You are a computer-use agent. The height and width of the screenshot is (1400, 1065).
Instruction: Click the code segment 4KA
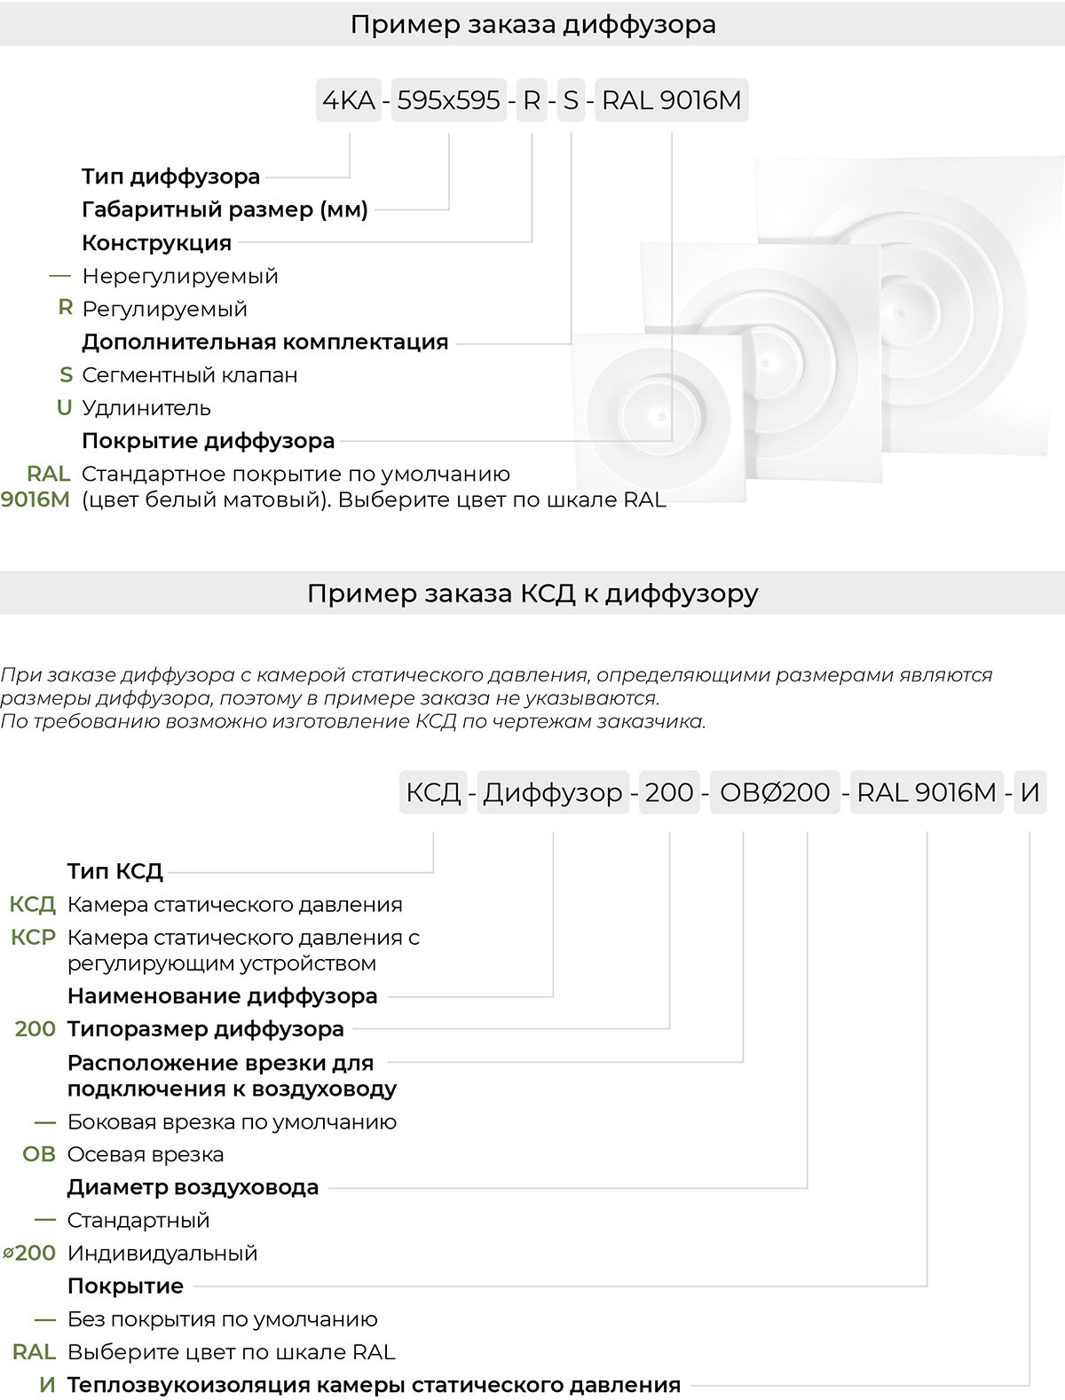[x=349, y=100]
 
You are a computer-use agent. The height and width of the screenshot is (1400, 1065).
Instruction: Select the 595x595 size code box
[x=448, y=100]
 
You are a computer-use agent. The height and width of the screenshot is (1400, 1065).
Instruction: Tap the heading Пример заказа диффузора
[x=532, y=24]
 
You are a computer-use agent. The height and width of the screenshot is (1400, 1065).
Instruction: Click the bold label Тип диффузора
[x=170, y=176]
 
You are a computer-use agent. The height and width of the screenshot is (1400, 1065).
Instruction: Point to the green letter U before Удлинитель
[x=64, y=407]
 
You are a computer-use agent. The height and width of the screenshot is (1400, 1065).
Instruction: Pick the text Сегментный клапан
[x=189, y=374]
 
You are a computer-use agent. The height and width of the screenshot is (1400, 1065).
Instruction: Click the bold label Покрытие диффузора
[x=208, y=440]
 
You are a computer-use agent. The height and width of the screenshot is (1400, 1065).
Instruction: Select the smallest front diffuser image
[x=659, y=415]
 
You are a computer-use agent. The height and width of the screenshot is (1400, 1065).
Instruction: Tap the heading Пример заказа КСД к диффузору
[x=532, y=593]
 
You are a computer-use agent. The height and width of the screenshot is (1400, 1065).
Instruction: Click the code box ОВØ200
[x=774, y=791]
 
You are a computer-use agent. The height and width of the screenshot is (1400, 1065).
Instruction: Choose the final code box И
[x=1029, y=791]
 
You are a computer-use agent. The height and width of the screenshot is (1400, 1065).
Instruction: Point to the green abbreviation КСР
[x=34, y=937]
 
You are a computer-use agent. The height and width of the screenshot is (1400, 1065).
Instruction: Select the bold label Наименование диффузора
[x=222, y=995]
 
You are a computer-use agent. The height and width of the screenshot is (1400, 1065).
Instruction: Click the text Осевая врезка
[x=146, y=1154]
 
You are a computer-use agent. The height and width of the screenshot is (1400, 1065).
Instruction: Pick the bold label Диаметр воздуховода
[x=193, y=1187]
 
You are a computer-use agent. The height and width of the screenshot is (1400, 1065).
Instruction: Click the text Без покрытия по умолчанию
[x=222, y=1318]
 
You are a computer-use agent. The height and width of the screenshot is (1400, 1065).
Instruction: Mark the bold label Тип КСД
[x=114, y=870]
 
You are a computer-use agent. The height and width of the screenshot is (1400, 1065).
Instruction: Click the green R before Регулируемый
[x=65, y=308]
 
